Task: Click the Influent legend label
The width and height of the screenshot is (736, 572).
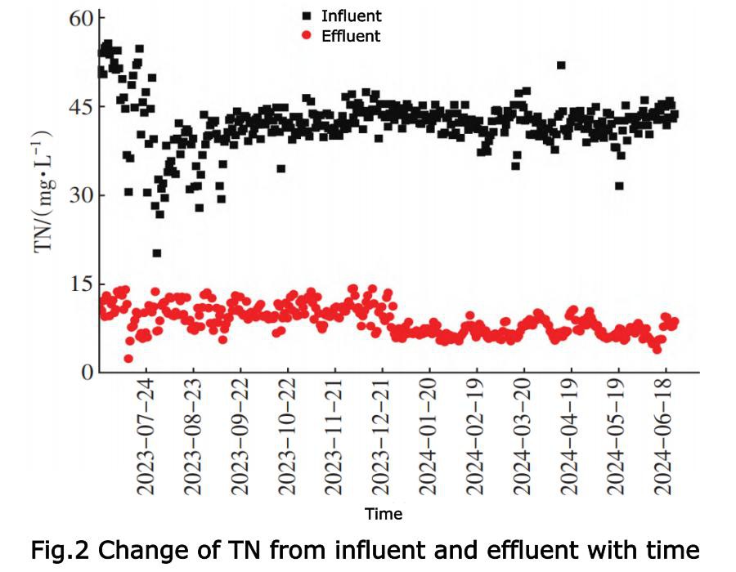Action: click(351, 16)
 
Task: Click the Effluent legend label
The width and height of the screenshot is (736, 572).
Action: click(351, 36)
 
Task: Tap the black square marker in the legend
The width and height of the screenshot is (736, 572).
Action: click(306, 16)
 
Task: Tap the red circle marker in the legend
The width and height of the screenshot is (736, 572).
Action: click(306, 36)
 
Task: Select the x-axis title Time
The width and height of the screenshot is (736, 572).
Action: click(384, 514)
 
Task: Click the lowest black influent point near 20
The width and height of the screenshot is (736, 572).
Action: click(157, 253)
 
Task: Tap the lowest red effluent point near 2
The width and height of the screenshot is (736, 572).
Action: click(128, 358)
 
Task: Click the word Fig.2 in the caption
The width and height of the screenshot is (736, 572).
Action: click(61, 549)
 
